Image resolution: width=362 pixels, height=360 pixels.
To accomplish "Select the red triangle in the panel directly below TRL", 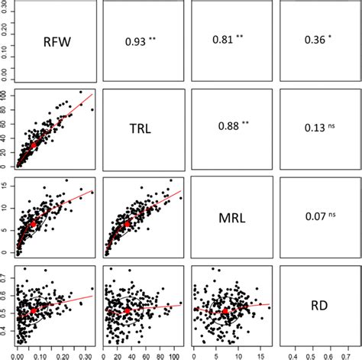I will [126, 224].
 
